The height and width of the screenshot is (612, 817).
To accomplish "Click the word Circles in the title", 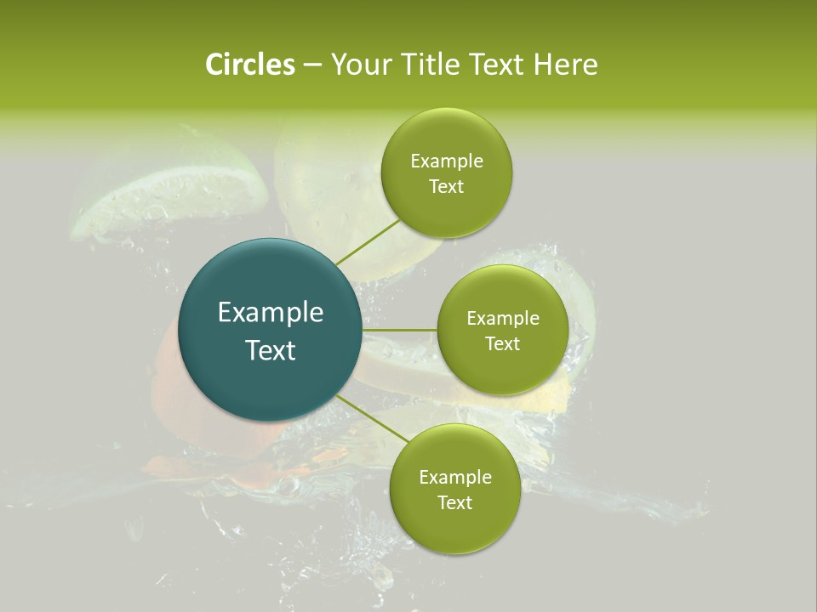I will (x=249, y=65).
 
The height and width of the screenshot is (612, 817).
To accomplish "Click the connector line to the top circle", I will (x=367, y=241).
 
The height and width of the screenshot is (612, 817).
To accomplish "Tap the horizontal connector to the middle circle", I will (x=400, y=330).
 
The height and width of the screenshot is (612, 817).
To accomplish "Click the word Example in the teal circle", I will (x=271, y=313).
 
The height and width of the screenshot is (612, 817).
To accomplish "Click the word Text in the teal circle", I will (x=271, y=350).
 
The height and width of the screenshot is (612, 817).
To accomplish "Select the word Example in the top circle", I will (x=446, y=161).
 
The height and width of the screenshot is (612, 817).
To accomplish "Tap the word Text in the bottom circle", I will (x=454, y=503).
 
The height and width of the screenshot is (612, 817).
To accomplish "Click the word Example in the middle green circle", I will (x=502, y=319).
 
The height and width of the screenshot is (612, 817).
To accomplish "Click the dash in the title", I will (x=312, y=65).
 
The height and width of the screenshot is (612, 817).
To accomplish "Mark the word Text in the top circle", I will (x=446, y=187).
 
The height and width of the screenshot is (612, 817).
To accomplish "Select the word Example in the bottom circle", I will (x=454, y=478).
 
